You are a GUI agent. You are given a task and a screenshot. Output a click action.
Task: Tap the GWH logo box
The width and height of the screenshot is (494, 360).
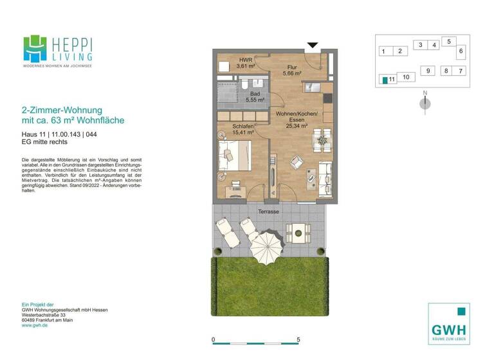click(449, 323)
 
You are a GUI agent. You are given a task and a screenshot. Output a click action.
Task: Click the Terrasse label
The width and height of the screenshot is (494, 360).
click(268, 212)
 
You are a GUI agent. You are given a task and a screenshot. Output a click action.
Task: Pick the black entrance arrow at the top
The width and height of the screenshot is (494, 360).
click(313, 46)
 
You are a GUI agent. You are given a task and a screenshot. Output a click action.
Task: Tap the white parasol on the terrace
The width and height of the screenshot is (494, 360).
click(265, 246)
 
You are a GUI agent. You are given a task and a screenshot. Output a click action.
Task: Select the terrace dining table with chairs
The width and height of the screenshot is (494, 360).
click(297, 230)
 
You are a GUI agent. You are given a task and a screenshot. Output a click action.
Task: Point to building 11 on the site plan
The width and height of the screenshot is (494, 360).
click(388, 80)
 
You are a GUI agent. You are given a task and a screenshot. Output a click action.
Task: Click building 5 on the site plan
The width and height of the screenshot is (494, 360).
click(449, 41)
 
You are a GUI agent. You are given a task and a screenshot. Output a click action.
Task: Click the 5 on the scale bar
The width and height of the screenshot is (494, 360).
click(298, 339)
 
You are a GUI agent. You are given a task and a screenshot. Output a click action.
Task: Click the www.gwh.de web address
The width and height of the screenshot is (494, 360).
click(35, 325)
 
